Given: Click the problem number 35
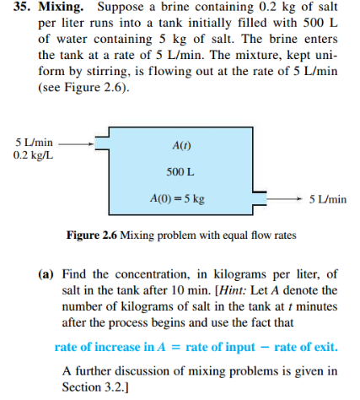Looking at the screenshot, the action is coord(16,10).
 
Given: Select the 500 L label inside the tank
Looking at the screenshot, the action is coord(181,171).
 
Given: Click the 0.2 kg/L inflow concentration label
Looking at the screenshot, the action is coord(34,155).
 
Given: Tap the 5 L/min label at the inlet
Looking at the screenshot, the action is coord(35,143).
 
